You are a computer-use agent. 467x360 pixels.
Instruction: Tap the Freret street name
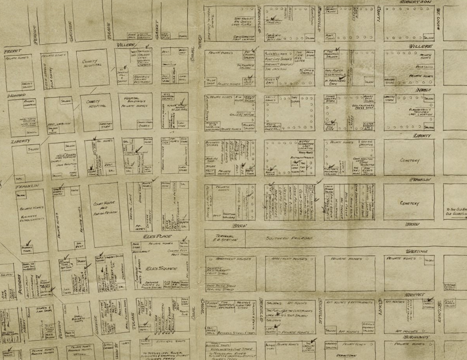point(11,50)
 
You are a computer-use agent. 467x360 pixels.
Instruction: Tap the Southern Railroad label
point(289,239)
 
